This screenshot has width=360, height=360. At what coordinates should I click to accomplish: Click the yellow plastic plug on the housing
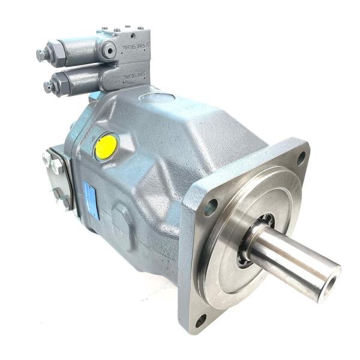click(106, 146)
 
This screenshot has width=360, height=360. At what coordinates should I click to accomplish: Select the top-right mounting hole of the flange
click(301, 158)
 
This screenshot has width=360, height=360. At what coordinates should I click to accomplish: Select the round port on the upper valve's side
click(109, 51)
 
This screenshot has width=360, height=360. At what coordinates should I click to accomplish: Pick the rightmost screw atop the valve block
click(141, 28)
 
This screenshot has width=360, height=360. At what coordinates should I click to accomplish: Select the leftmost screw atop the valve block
click(104, 28)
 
